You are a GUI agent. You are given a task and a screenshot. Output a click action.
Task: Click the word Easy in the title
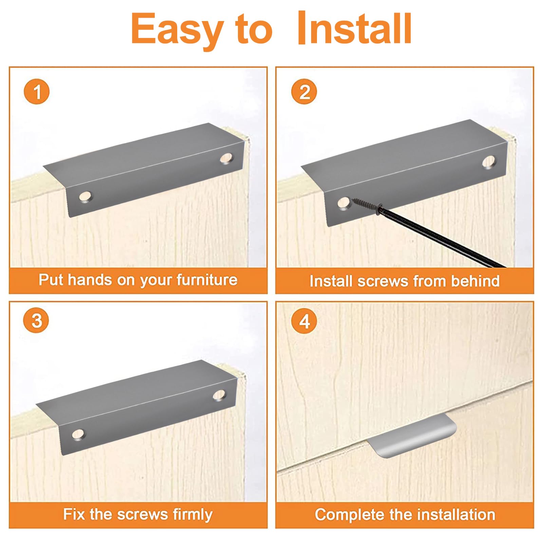(x=177, y=30)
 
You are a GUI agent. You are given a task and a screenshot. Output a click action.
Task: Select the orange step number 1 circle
(x=37, y=92)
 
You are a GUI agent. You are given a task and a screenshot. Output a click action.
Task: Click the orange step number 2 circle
(x=304, y=92)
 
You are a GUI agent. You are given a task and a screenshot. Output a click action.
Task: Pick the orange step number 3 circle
(x=37, y=320)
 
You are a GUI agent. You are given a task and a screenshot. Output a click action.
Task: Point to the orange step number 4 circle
(x=304, y=320)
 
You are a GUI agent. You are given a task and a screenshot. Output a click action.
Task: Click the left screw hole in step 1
(x=86, y=196)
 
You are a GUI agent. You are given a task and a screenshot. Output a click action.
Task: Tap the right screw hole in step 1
(x=226, y=158)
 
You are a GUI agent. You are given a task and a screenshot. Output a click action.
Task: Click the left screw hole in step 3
(x=78, y=434)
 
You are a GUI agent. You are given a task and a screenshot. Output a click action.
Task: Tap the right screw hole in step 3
(x=220, y=395)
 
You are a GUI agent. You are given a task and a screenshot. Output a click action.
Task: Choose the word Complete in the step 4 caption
(x=350, y=515)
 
